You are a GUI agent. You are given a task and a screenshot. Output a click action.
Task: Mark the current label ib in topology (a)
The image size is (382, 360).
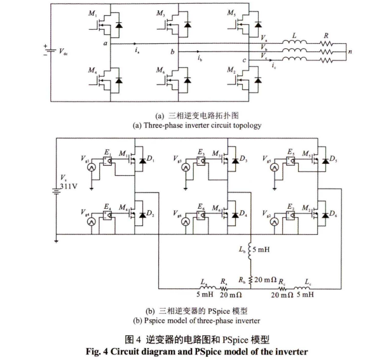(200, 58)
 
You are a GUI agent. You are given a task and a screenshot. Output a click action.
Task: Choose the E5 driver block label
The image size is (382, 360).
(290, 153)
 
